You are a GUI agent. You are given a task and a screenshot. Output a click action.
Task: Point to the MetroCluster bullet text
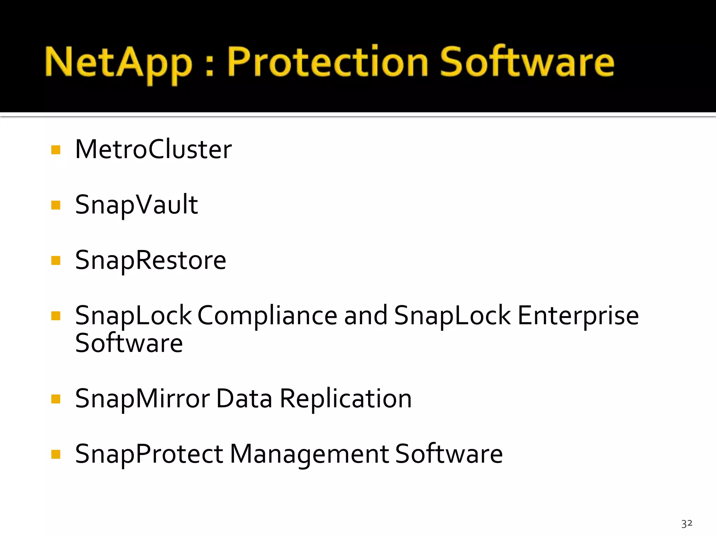[x=153, y=149]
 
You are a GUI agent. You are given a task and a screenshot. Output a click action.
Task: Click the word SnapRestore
[x=151, y=260]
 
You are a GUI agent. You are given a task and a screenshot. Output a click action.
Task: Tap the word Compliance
[x=267, y=315]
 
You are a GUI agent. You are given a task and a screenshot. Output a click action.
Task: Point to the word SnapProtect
[x=149, y=454]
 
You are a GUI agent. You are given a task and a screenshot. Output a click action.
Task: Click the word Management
[x=309, y=454]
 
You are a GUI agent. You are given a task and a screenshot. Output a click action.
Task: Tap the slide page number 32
[x=687, y=523]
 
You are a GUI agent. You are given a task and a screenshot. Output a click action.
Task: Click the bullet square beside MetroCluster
[x=56, y=150]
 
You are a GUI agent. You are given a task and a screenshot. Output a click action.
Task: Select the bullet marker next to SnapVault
[x=56, y=205]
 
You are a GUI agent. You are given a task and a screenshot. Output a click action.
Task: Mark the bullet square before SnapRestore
[x=56, y=260]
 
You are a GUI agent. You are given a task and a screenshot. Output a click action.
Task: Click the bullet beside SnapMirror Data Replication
[x=56, y=399]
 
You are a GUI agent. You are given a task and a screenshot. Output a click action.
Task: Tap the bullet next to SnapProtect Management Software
[x=56, y=454]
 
